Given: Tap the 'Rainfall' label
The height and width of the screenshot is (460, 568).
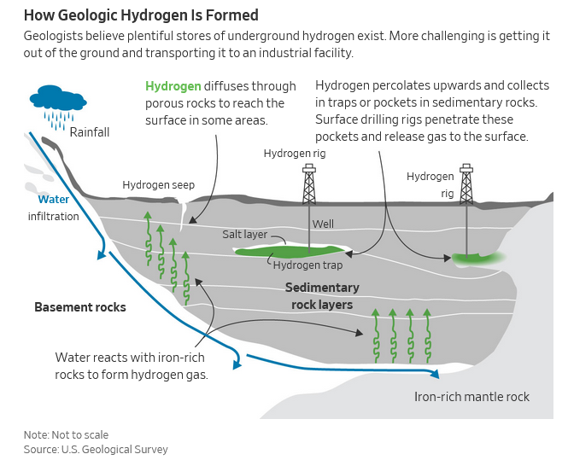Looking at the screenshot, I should point(90,132).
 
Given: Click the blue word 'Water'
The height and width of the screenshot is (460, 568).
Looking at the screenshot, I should point(53,200).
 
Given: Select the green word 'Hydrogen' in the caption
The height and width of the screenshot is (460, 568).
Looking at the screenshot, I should point(173,86).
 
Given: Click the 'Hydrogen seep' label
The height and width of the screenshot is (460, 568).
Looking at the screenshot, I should point(158,185).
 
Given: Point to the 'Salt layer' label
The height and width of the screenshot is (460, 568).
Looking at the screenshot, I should point(245,235).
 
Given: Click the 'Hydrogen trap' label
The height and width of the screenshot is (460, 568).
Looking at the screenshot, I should point(308,265).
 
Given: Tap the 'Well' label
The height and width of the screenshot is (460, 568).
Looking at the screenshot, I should point(323,224).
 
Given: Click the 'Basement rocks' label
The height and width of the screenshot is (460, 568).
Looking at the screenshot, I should point(80,307).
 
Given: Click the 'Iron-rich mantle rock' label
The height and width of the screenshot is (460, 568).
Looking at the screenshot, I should point(471,397).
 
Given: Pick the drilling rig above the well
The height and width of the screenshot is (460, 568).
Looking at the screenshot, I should point(308,183).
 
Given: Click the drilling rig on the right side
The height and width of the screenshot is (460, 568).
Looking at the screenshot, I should point(466,184).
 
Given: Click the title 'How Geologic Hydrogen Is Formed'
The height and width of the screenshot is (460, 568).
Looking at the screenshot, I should point(141,16).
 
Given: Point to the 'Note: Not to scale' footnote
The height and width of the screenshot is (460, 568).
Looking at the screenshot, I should point(66,435).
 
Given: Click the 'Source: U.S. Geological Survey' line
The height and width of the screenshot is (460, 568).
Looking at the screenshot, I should point(96,450).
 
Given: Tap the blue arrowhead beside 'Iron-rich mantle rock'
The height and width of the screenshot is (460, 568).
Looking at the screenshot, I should point(436,373).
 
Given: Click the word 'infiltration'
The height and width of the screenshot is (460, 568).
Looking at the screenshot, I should point(53,216).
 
